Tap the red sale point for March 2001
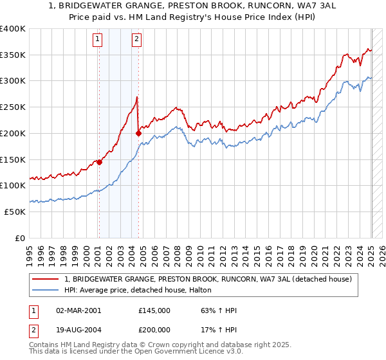coord(99,163)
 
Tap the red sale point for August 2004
coord(138,134)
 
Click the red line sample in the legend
coord(46,280)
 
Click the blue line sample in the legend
coord(46,291)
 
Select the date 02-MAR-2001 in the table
coord(78,311)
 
